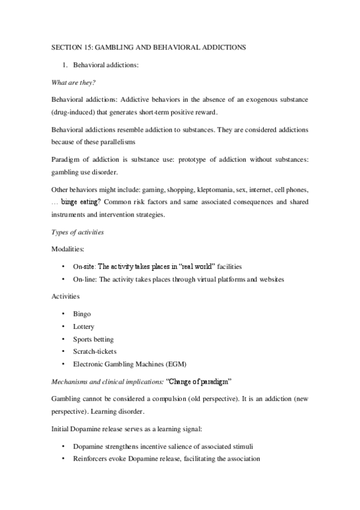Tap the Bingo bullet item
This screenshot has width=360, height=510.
[x=82, y=314]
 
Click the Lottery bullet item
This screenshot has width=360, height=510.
[x=84, y=326]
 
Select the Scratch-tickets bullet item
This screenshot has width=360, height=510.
[x=95, y=351]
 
